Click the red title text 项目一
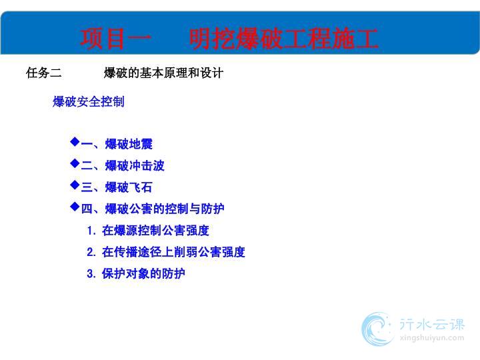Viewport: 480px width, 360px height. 116,39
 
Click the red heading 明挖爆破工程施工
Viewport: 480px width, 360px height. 284,39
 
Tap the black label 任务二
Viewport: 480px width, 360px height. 44,73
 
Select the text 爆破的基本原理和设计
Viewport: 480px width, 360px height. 163,73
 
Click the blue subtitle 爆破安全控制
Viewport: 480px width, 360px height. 89,101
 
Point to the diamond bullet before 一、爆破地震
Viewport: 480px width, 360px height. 75,142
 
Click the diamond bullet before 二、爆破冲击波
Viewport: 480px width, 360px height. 75,163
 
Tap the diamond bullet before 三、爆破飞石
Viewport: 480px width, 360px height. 75,185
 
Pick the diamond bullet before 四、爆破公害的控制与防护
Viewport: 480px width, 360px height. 75,207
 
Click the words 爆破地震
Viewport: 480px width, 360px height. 129,144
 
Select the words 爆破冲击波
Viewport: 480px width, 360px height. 135,165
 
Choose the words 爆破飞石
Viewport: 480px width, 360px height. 129,187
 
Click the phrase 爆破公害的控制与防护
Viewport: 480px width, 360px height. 165,209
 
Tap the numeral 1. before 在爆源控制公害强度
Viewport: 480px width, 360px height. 91,231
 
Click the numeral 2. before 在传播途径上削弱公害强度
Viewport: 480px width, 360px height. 91,252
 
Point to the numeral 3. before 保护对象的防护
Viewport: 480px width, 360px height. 91,274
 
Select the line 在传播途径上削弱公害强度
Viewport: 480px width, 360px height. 173,252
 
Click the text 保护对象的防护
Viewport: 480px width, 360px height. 143,274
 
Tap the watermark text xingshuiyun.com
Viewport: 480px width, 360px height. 431,338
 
